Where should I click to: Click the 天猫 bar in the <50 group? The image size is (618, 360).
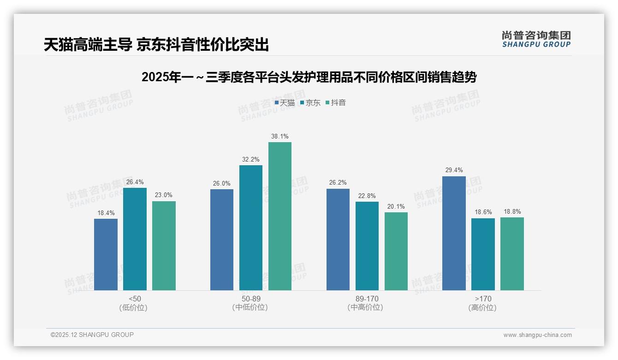point(106,254)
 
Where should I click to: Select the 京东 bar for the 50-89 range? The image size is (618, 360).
point(251,228)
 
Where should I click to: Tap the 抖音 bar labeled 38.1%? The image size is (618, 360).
point(280,216)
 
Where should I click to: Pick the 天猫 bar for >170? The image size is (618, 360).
point(454,233)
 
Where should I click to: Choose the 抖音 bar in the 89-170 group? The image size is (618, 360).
point(396,251)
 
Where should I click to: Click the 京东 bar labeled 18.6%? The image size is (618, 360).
point(483,254)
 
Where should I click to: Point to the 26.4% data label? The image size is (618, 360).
point(135,182)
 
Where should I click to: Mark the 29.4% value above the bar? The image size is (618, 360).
point(454,170)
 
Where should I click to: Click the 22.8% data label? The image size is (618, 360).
point(367,196)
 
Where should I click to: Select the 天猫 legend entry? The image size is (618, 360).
point(285,103)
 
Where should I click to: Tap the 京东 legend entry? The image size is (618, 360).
point(310,103)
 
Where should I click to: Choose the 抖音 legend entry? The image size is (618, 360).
point(336,103)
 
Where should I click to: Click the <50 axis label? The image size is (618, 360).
point(135,299)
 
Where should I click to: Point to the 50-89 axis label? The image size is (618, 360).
point(251,299)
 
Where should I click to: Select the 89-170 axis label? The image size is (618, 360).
point(367,299)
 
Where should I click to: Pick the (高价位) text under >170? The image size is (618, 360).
point(482,308)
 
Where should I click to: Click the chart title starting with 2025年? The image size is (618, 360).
point(309,77)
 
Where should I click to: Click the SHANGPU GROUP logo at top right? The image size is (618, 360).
point(536,39)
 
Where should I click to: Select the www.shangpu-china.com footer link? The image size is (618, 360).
point(537,335)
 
